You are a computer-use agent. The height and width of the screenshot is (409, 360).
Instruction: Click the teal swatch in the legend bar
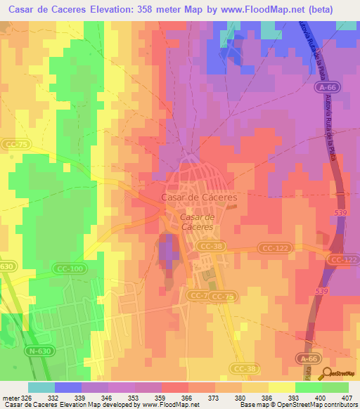tap(41, 387)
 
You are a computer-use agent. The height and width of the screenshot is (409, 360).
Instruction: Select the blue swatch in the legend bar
tap(68, 387)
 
